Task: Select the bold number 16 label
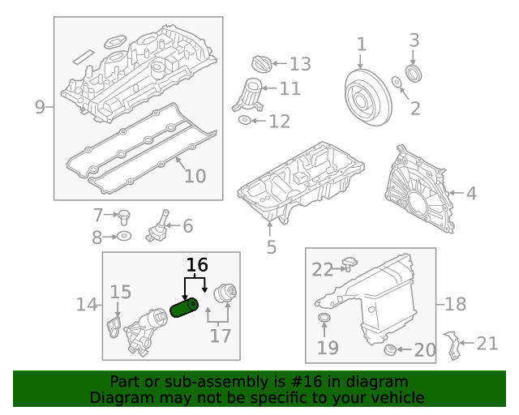coord(197,265)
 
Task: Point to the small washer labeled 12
coord(245,121)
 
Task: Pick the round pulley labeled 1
coord(364,96)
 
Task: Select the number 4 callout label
coord(471,194)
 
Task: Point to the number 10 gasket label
coord(195,175)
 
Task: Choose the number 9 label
coord(40,107)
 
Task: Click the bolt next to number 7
coord(124,216)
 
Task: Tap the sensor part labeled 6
coord(157,226)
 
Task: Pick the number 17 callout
coord(220,335)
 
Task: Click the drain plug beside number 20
coord(391,350)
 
